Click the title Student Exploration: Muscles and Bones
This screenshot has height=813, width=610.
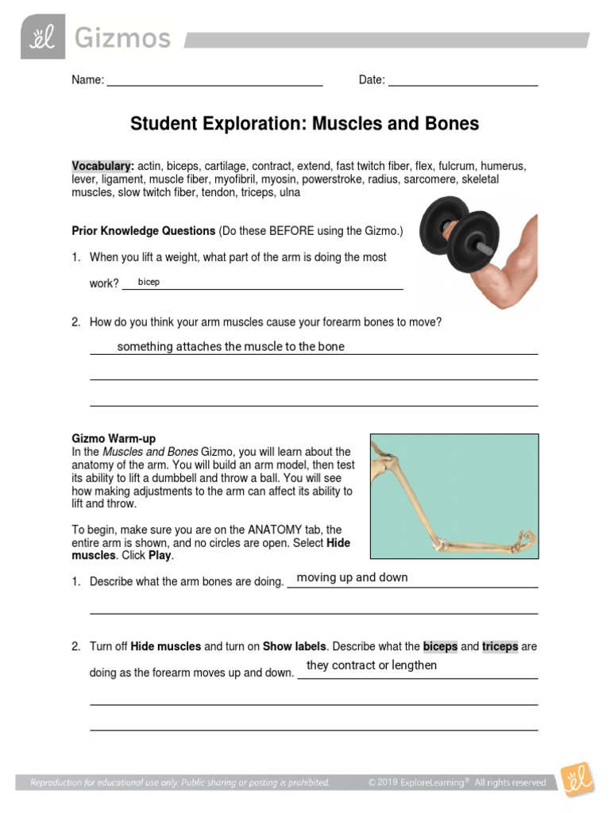click(x=304, y=124)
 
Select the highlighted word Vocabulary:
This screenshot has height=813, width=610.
click(x=102, y=166)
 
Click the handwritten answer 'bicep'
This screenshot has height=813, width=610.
click(x=149, y=282)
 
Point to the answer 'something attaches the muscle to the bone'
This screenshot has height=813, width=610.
click(x=230, y=347)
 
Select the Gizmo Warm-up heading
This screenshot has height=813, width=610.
click(x=114, y=438)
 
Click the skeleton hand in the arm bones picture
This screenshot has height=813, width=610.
click(x=520, y=543)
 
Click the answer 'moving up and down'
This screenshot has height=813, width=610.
click(x=352, y=577)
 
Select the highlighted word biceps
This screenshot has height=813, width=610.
click(x=440, y=646)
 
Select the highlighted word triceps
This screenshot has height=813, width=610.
click(x=500, y=646)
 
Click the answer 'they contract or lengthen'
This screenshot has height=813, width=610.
click(x=372, y=665)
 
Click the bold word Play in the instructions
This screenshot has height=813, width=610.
click(x=160, y=556)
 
